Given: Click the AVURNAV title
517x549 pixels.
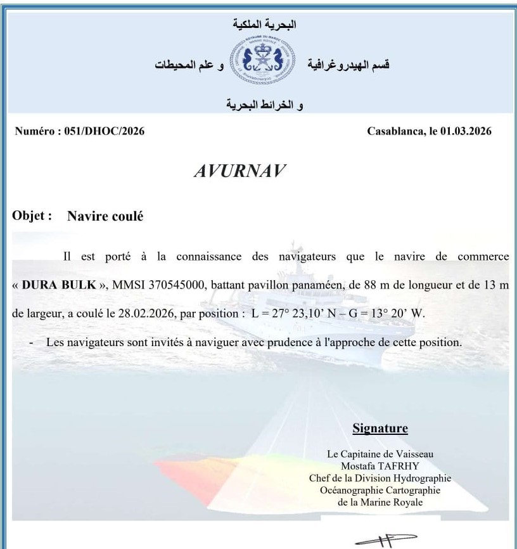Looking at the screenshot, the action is [239, 171].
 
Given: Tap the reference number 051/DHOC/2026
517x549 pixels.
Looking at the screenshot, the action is [105, 131].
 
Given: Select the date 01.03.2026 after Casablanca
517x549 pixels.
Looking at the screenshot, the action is [462, 131].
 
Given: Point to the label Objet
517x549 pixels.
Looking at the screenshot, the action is [32, 216].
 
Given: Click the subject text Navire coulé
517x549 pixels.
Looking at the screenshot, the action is [106, 216].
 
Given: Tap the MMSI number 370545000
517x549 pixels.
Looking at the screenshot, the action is [174, 285].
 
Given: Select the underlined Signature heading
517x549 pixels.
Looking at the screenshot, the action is [380, 429].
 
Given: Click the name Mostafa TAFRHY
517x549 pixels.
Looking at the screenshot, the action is [380, 466].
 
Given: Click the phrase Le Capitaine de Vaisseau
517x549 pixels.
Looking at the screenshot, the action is [380, 454].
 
